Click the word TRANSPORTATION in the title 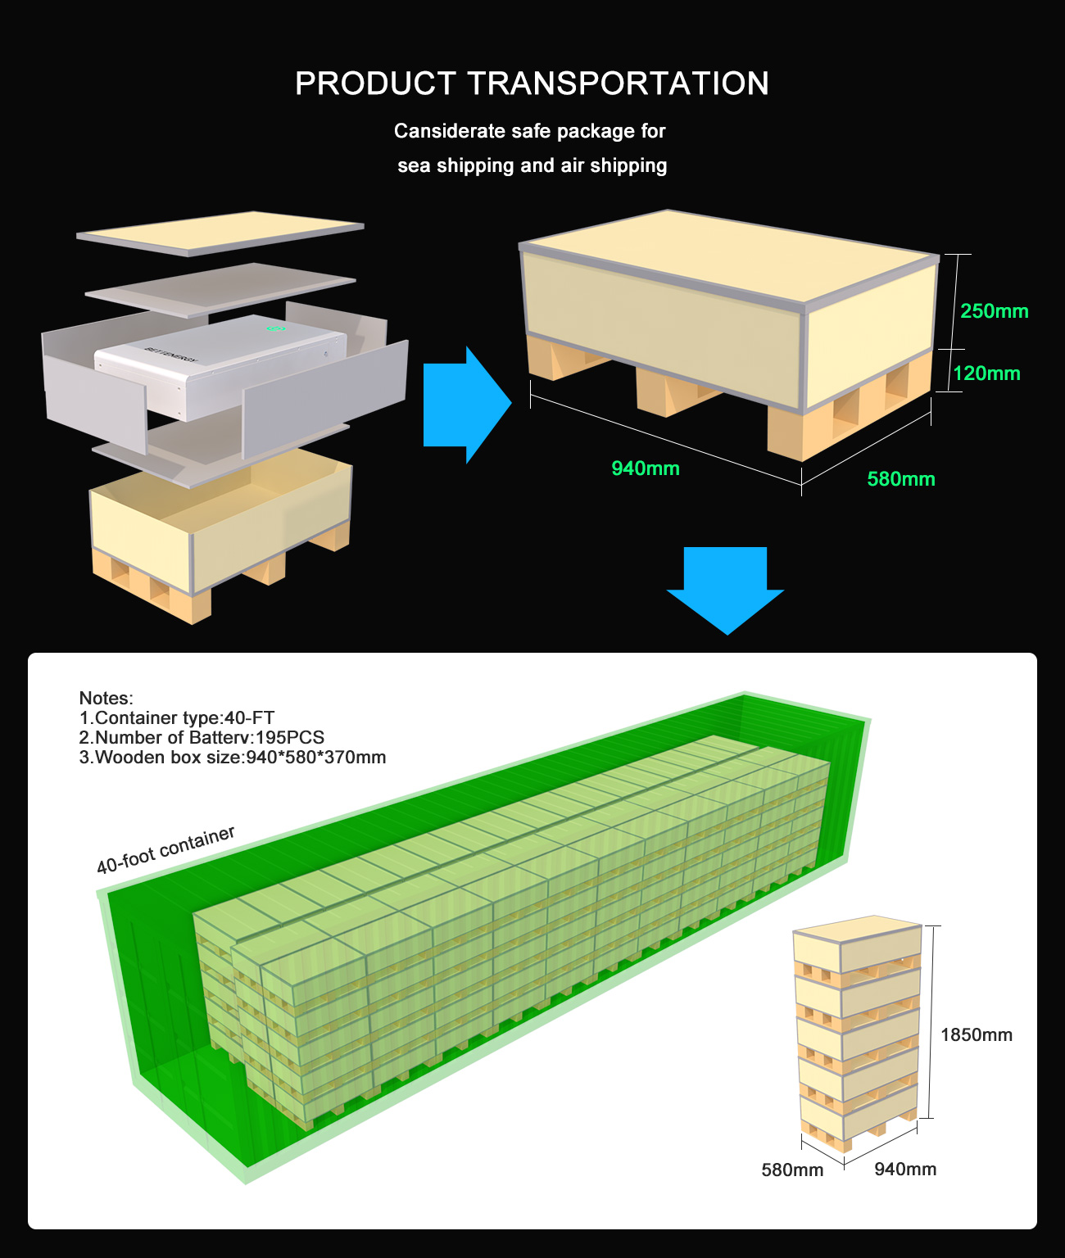tap(618, 83)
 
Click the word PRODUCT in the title tap(376, 83)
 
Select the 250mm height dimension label tap(994, 311)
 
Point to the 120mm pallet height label tap(986, 373)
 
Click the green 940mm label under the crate tap(646, 468)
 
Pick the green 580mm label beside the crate tap(901, 479)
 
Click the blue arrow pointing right tap(467, 405)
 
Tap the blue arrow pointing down tap(725, 591)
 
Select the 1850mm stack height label tap(976, 1034)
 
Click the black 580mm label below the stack tap(792, 1170)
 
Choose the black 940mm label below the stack tap(905, 1169)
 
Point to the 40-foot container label tap(165, 849)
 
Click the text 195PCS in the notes tap(290, 737)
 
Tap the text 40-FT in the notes tap(250, 717)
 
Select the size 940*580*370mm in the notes tap(316, 757)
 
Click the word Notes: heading tap(106, 698)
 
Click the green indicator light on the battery tap(276, 328)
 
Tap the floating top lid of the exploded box tap(220, 233)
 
